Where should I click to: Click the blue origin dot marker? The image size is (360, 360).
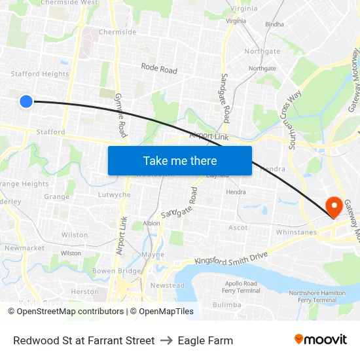point(26,101)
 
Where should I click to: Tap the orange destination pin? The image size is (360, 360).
point(333,207)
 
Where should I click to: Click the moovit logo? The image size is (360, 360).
point(320,339)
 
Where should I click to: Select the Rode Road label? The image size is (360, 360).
point(159,68)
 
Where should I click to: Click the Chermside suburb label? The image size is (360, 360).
point(118,32)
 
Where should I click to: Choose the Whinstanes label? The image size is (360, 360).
point(296,232)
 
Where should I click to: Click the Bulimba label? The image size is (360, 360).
point(226,304)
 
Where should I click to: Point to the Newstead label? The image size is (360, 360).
point(168,285)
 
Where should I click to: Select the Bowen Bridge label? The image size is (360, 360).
point(117,271)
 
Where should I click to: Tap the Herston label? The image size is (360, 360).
point(84,292)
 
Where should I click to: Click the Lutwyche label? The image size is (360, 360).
point(113,194)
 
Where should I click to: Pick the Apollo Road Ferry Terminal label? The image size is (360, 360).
point(240,287)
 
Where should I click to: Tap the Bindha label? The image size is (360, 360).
point(274,25)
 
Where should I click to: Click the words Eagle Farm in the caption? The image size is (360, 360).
point(206,340)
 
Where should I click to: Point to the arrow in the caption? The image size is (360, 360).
point(166,340)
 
